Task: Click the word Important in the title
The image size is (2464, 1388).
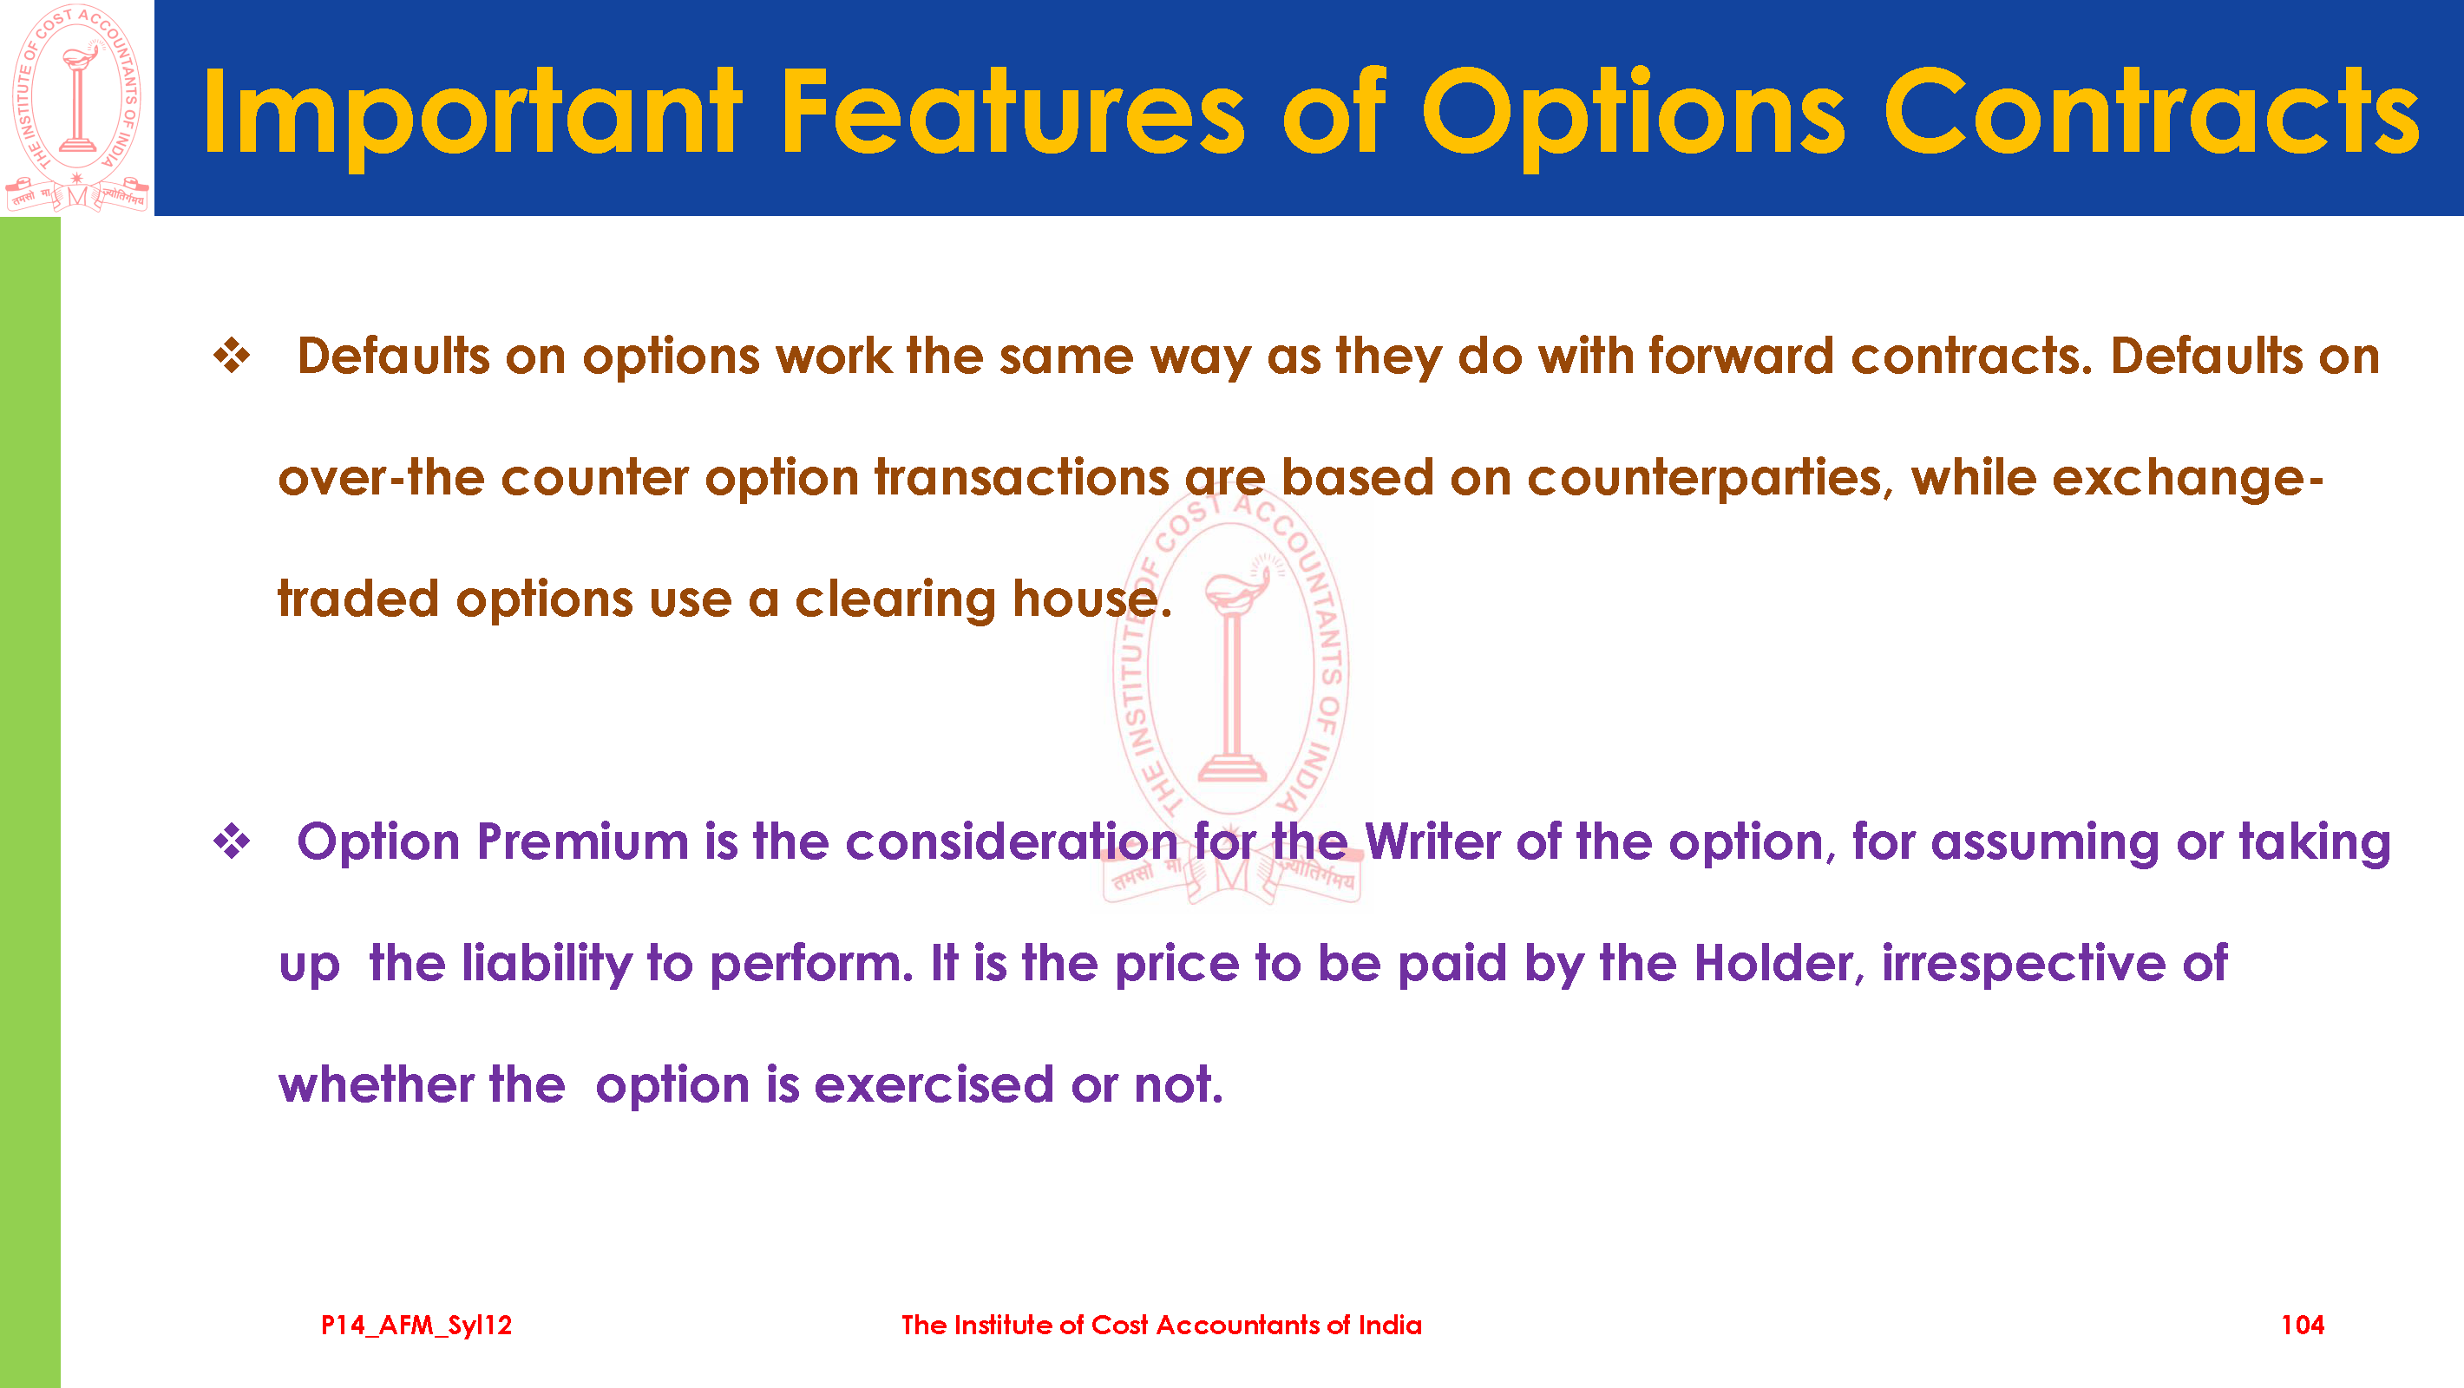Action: click(x=472, y=113)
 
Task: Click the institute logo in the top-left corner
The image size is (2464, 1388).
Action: click(x=77, y=108)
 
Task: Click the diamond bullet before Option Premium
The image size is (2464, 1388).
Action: click(x=232, y=841)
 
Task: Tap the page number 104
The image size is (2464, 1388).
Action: click(x=2303, y=1325)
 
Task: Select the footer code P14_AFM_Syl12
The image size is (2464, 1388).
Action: click(x=416, y=1326)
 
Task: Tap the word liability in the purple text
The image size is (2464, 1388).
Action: click(x=547, y=963)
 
